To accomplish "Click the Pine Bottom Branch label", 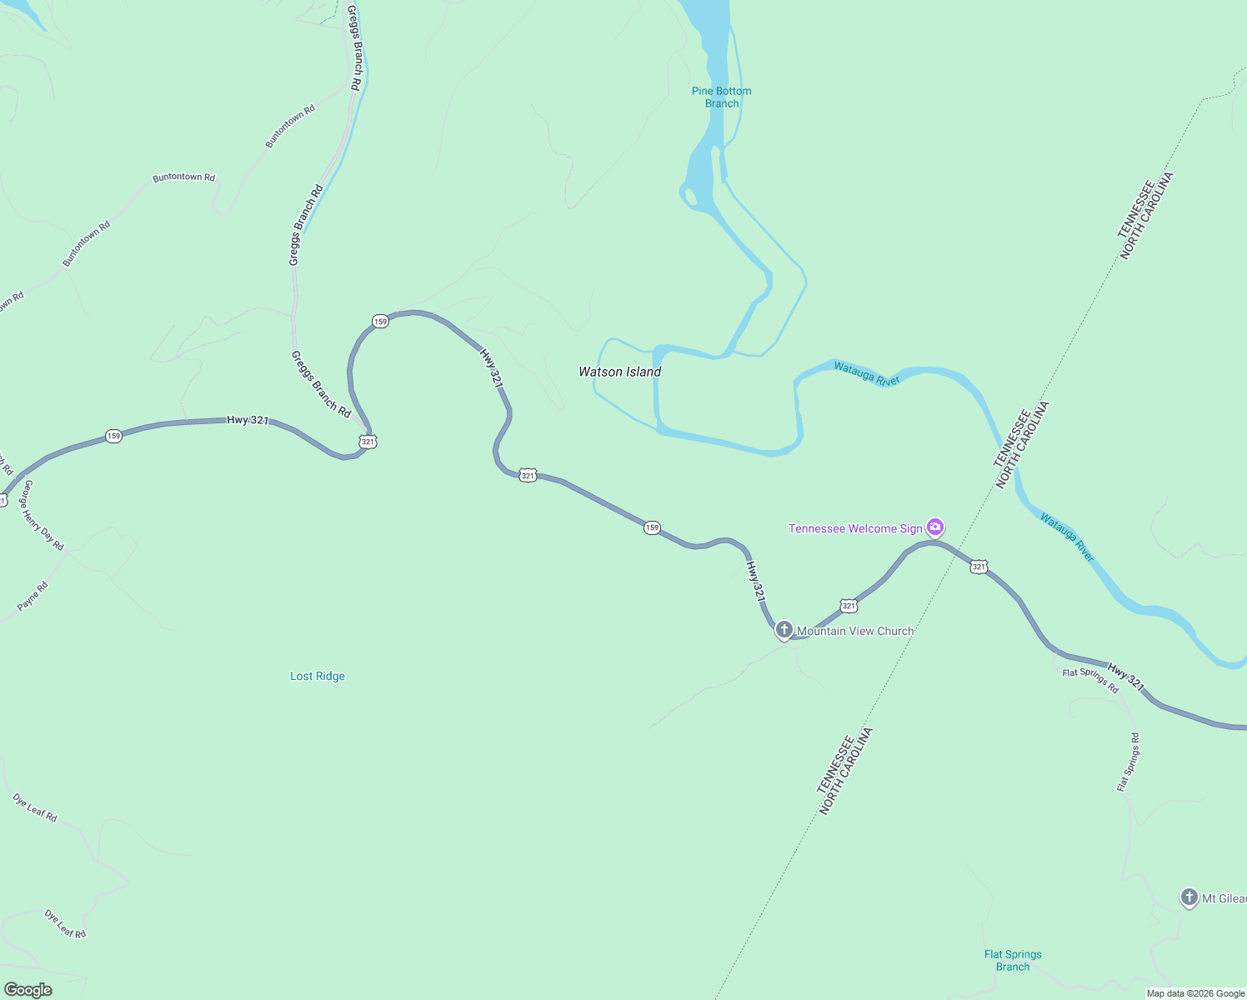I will [x=721, y=97].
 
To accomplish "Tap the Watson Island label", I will [x=619, y=372].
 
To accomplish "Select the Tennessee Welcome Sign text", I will [x=855, y=528].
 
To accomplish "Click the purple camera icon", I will [x=935, y=527].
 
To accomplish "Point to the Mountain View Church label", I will [x=855, y=631].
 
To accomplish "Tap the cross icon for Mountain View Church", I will [x=784, y=629].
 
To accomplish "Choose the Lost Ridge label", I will [x=318, y=676].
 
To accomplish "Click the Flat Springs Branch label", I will [x=1013, y=960].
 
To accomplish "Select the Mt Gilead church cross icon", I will [x=1189, y=897].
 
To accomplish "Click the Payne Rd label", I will [x=33, y=596].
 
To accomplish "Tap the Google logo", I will [x=28, y=990].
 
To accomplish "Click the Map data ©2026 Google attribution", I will [x=1195, y=993].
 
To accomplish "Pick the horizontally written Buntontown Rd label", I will [x=183, y=177].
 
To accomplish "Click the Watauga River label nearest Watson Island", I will [x=867, y=373].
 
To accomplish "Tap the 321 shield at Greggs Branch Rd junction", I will [x=368, y=442].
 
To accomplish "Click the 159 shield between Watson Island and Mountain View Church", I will [x=652, y=527].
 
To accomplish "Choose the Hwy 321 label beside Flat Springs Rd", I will [x=1126, y=677].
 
